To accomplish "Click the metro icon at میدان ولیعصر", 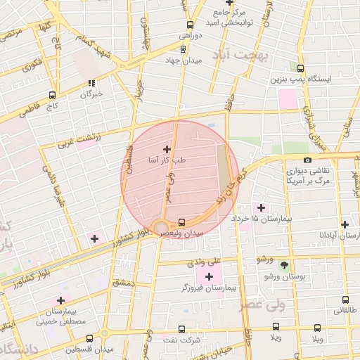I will pyautogui.click(x=182, y=220).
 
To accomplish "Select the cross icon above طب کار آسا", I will pyautogui.click(x=167, y=148).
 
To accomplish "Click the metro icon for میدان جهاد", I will pyautogui.click(x=184, y=49).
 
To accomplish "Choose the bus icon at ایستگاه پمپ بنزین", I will pyautogui.click(x=300, y=68).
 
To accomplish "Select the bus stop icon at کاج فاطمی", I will pyautogui.click(x=52, y=95).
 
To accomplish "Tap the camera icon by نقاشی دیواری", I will pyautogui.click(x=307, y=160).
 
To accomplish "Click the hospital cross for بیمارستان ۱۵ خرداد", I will pyautogui.click(x=261, y=207).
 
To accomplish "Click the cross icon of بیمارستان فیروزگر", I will pyautogui.click(x=209, y=276).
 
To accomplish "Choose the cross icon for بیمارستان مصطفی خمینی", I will pyautogui.click(x=60, y=300).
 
